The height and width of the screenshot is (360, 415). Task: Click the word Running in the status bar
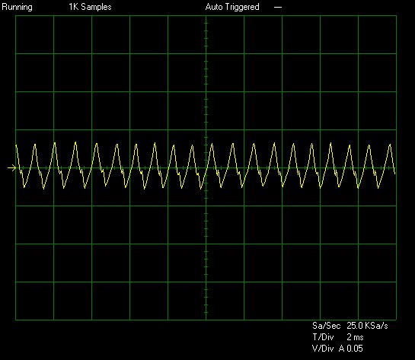[x=17, y=7]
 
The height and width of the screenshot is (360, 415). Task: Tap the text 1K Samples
[x=90, y=7]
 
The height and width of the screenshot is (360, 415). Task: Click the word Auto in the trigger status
[x=213, y=7]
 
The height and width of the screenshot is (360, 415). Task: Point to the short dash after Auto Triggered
[x=278, y=8]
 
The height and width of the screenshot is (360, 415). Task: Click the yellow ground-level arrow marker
[x=12, y=167]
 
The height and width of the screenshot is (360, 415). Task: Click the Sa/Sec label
[x=326, y=326]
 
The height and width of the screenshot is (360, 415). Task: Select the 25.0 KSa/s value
[x=367, y=326]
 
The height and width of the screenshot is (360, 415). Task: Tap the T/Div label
[x=323, y=337]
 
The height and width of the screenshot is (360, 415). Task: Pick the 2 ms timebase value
[x=355, y=337]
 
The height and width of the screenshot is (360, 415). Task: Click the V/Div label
[x=323, y=349]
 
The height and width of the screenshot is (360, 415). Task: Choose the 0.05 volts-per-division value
[x=355, y=349]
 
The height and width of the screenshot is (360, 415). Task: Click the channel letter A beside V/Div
[x=342, y=349]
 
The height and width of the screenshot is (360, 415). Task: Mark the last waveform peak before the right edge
[x=390, y=145]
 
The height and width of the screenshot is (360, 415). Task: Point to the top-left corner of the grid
[x=16, y=16]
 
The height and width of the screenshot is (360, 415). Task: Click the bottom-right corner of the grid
[x=396, y=320]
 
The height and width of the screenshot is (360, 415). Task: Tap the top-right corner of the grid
[x=396, y=16]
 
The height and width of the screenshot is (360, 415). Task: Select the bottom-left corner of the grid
[x=16, y=320]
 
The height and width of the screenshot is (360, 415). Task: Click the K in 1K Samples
[x=75, y=7]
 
